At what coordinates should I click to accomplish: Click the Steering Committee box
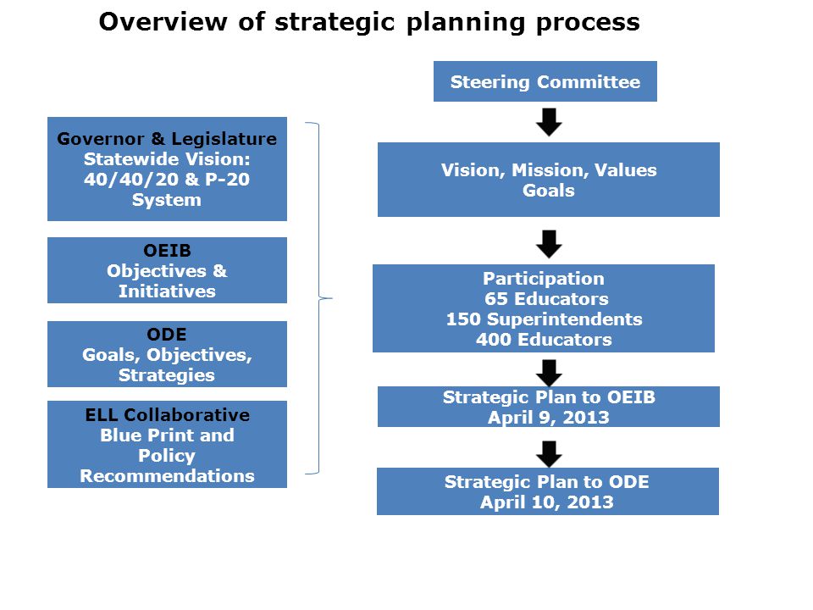(545, 81)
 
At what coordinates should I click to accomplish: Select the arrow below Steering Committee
(549, 122)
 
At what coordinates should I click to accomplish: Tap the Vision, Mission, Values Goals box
(549, 180)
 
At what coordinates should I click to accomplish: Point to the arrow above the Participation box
(549, 244)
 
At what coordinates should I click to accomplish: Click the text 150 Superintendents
(544, 319)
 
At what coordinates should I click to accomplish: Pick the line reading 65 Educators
(546, 299)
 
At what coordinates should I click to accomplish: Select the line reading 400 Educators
(544, 339)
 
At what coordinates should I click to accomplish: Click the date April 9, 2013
(549, 418)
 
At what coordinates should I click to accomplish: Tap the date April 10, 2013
(547, 502)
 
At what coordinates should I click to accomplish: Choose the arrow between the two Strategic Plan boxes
(549, 454)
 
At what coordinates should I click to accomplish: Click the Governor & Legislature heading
(167, 139)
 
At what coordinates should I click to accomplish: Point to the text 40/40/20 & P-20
(167, 180)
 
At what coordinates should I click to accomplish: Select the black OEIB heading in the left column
(167, 251)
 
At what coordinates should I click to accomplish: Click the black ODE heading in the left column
(167, 334)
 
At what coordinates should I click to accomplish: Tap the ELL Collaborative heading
(167, 415)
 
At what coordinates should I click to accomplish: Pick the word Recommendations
(167, 475)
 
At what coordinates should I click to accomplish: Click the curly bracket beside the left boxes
(319, 298)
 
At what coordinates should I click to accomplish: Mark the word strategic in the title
(335, 23)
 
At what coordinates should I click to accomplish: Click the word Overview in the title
(163, 22)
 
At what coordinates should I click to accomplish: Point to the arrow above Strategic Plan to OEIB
(549, 373)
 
